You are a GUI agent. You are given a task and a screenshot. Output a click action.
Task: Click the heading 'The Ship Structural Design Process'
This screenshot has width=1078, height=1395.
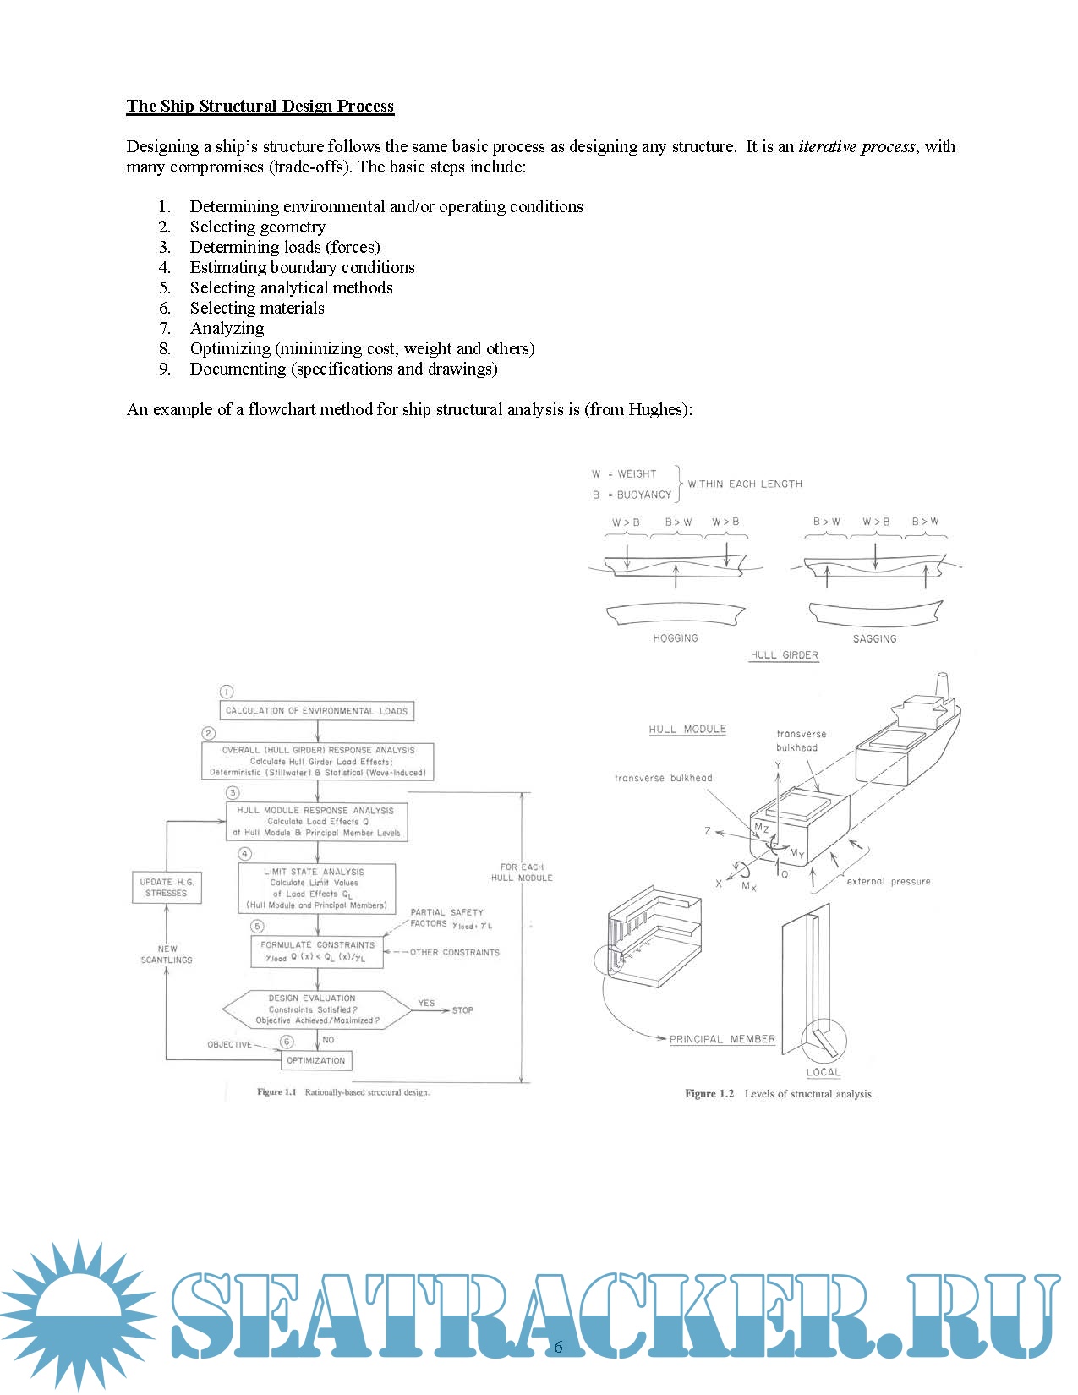point(260,106)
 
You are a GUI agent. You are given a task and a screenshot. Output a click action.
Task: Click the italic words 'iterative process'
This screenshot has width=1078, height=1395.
point(856,146)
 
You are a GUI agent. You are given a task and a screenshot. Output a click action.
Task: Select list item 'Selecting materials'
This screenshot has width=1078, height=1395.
point(257,308)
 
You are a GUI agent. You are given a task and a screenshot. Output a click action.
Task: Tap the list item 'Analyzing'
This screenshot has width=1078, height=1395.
point(227,328)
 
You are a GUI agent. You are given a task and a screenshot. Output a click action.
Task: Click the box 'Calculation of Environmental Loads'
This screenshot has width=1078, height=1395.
point(316,711)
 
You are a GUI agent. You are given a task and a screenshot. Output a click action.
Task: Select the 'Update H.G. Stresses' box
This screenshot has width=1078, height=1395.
point(167,887)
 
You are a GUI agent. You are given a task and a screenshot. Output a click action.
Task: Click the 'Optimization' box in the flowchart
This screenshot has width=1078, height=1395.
point(316,1060)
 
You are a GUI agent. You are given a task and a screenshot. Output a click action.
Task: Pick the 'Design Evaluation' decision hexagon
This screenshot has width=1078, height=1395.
point(317,1009)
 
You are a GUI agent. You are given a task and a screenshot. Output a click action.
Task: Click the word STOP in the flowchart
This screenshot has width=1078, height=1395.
point(462,1010)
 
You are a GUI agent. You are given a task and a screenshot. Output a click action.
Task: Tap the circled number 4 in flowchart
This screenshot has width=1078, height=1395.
point(244,854)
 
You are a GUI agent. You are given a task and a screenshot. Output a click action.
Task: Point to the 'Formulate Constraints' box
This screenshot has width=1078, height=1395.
point(317,951)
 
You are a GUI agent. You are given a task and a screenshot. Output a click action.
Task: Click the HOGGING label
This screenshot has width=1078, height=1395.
point(676,638)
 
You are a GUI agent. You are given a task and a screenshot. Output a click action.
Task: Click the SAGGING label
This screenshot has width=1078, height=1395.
point(874,639)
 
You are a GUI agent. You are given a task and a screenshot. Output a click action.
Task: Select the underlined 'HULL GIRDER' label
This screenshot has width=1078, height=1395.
point(784,655)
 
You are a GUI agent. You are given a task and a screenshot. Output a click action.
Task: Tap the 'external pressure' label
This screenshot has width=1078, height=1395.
point(888,881)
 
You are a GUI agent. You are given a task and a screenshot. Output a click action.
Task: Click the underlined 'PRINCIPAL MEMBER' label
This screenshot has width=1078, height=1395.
point(722,1039)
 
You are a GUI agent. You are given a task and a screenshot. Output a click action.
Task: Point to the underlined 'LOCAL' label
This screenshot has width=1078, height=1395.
point(823,1072)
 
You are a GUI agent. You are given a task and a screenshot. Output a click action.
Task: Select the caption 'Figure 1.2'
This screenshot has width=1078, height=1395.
point(709,1094)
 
